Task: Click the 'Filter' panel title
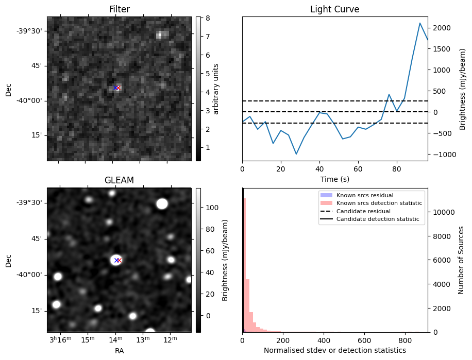[x=119, y=9]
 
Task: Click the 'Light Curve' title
[x=334, y=9]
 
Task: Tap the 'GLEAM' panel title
[x=119, y=180]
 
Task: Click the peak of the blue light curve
[x=420, y=23]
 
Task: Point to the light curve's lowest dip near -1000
[x=296, y=154]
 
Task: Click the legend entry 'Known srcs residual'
[x=365, y=196]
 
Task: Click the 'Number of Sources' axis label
[x=461, y=260]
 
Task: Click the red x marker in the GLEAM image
[x=119, y=260]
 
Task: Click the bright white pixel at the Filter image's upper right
[x=160, y=35]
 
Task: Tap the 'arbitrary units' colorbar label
[x=216, y=89]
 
